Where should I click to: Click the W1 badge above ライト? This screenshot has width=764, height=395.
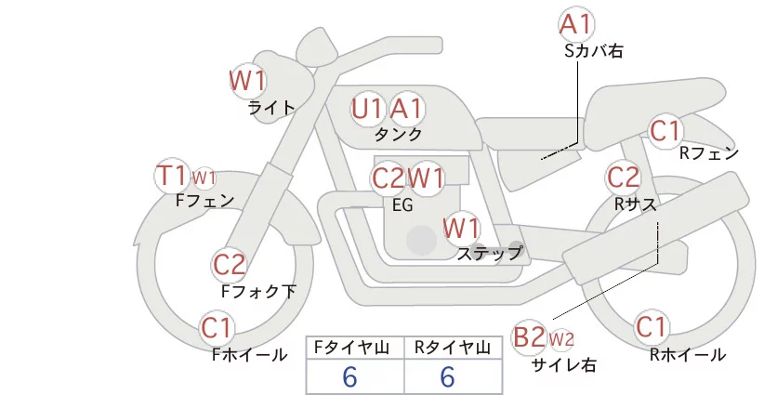[x=248, y=80]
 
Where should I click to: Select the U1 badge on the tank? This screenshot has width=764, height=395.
[x=368, y=109]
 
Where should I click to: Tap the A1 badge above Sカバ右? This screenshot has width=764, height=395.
[x=576, y=23]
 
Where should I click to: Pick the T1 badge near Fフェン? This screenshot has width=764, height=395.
[x=172, y=175]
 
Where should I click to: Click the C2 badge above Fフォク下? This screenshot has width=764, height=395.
[x=229, y=265]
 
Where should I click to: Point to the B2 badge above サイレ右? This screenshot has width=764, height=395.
[x=529, y=336]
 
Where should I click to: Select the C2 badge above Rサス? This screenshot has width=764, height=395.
[x=623, y=176]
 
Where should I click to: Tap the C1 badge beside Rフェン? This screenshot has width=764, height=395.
[x=665, y=130]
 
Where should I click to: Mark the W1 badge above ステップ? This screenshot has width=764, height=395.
[x=461, y=227]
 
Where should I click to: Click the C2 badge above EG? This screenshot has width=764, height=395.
[x=388, y=177]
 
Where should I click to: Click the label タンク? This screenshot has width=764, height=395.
[x=398, y=134]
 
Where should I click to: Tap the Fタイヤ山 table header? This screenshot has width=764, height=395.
[x=356, y=348]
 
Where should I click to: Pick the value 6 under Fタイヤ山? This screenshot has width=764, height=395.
[x=350, y=377]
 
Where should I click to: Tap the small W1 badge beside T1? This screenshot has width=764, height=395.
[x=204, y=177]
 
